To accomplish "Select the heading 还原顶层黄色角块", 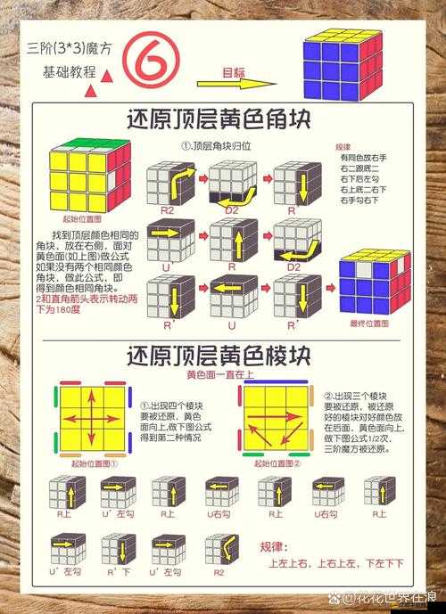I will pos(219,119).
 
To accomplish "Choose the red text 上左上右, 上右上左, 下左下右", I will pos(335,563).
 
